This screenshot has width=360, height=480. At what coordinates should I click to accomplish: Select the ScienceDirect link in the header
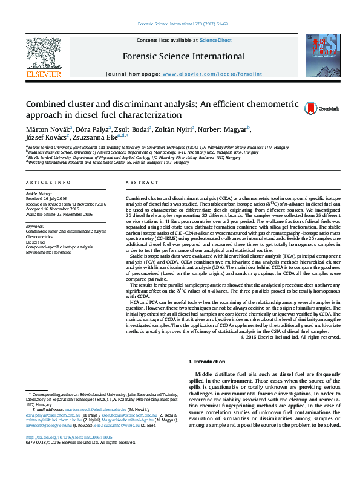point(216,40)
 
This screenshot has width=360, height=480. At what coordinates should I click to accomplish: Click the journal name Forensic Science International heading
point(184,56)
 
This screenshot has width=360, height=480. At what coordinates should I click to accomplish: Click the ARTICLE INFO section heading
point(45,182)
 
